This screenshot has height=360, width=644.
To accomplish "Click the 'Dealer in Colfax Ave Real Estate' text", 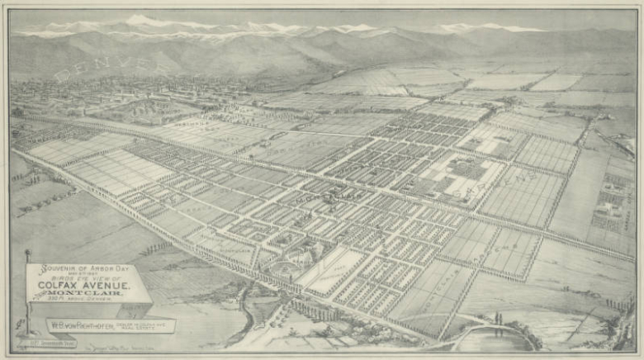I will coord(154,325).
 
